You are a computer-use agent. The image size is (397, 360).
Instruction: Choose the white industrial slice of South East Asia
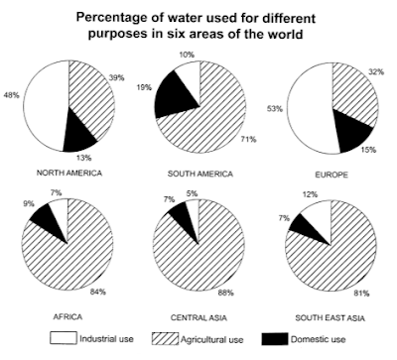tap(324, 212)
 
